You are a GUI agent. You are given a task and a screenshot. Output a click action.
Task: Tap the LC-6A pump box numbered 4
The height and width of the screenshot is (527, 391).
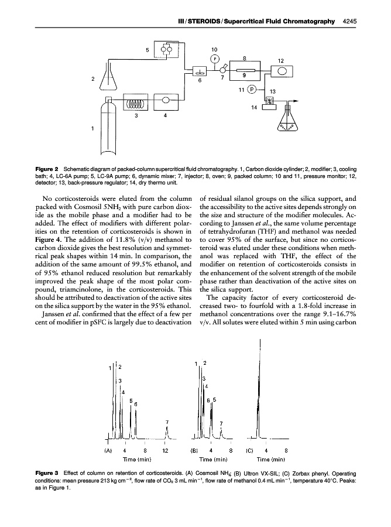coord(166,101)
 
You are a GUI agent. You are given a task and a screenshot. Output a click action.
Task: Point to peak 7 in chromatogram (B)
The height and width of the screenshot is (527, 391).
coord(221,433)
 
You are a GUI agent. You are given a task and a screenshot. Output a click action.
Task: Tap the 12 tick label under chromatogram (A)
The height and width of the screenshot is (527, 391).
coord(166,450)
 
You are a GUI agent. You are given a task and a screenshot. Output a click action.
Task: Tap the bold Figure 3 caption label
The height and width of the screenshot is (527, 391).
coord(48,473)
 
